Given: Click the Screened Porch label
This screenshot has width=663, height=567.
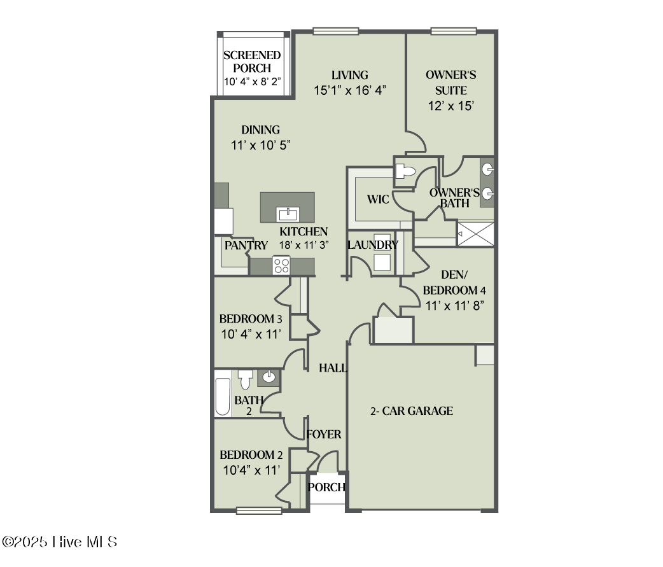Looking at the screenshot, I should tap(252, 62).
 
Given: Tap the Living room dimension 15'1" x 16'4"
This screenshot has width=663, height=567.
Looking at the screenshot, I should tap(351, 90).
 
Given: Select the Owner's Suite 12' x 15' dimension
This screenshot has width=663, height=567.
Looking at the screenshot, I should tap(450, 106).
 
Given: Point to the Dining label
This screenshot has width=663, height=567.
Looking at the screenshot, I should tap(260, 130).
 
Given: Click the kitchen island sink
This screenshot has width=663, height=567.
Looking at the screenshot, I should tap(288, 214).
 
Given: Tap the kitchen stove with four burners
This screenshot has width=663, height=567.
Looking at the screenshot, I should tap(281, 265).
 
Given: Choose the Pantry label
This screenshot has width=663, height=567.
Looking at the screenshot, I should tap(246, 245).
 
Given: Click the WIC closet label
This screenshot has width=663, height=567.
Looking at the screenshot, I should tap(378, 200).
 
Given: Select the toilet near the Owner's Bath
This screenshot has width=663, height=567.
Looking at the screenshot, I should tap(405, 171).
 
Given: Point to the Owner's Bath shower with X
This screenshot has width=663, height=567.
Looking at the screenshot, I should tap(475, 233).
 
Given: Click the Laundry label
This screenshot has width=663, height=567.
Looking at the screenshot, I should tap(373, 245).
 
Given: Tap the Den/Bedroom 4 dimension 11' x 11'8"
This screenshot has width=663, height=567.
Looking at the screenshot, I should tap(455, 305).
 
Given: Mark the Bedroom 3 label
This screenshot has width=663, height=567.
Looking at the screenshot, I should tap(251, 319).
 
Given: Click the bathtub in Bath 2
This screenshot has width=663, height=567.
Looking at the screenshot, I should tap(223, 396).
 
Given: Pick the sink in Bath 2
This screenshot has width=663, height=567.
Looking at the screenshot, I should tap(269, 377).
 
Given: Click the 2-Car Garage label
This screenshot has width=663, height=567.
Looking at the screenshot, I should tap(412, 411).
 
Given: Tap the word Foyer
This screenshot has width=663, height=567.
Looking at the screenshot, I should tap(324, 435).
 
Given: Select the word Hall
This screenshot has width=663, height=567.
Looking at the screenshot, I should tap(333, 368).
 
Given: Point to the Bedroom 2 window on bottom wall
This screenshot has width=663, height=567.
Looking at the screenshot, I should tap(259, 510).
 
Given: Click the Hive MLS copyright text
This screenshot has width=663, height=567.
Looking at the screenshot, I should tap(60, 542).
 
